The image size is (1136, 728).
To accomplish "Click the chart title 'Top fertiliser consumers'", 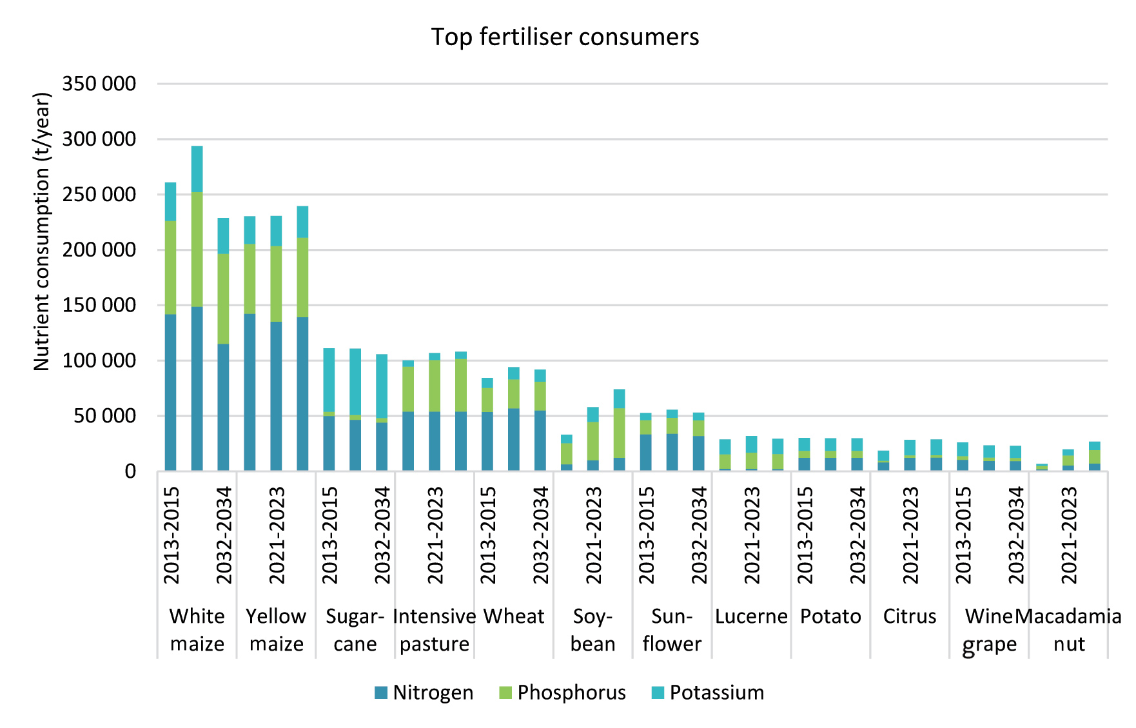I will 565,37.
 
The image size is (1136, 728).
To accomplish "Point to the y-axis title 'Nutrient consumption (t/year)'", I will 42,232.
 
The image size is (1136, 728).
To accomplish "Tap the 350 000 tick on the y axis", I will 99,84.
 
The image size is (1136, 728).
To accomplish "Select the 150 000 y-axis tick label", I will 99,305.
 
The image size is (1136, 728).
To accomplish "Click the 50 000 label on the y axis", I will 105,416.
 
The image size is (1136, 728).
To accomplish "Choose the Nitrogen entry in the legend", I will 424,693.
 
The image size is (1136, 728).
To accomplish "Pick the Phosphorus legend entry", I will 562,693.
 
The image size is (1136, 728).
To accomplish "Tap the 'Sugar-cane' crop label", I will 355,630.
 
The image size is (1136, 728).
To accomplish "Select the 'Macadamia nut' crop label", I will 1069,630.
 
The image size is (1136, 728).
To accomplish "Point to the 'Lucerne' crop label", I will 751,616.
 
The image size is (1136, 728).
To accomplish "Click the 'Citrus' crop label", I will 910,616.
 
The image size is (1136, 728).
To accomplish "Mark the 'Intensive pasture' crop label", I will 435,630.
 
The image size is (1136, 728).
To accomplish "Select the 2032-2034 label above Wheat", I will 541,535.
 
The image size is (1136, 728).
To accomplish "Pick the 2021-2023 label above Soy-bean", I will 594,535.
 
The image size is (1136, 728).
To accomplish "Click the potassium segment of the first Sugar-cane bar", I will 329,380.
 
